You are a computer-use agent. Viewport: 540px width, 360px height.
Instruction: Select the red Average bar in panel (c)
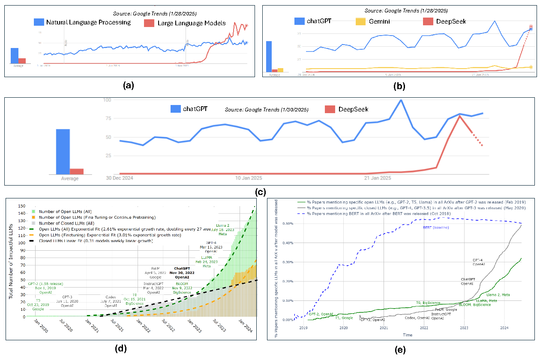point(77,171)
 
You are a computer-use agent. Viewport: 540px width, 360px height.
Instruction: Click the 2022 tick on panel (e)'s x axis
point(424,327)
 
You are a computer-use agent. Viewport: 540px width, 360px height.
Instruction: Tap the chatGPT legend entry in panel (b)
point(318,21)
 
